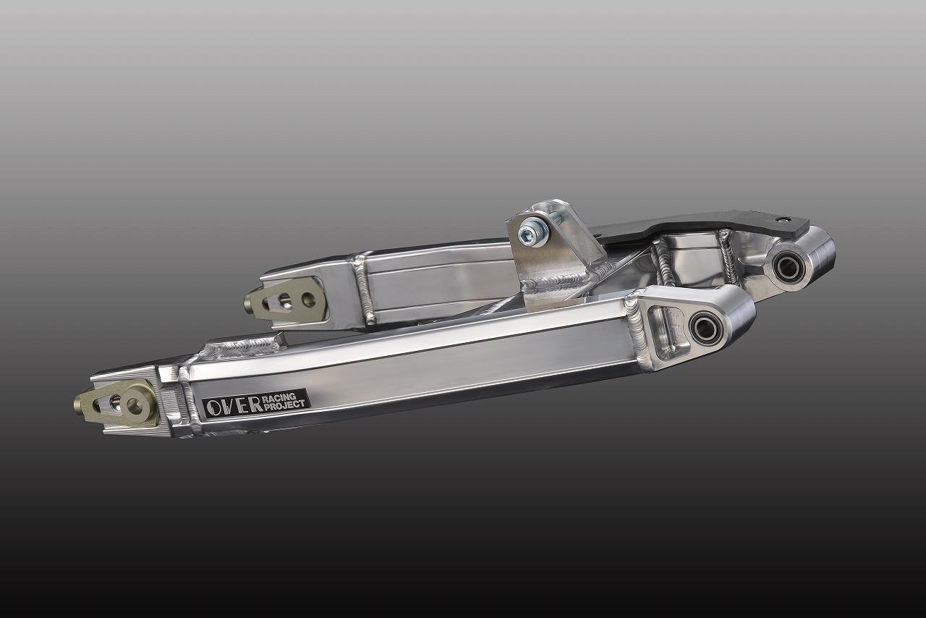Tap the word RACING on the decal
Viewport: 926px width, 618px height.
click(279, 397)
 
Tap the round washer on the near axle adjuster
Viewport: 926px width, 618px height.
click(135, 406)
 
